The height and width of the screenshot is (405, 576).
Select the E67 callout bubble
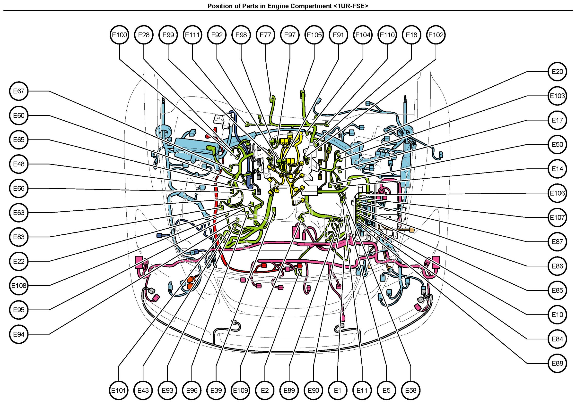click(19, 91)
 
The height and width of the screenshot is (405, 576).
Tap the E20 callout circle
click(558, 72)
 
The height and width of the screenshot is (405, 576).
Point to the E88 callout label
click(558, 364)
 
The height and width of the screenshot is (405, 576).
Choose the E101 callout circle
click(119, 390)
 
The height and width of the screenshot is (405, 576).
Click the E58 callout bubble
click(411, 390)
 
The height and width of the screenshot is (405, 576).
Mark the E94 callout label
click(19, 334)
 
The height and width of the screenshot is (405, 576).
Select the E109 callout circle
click(241, 390)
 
